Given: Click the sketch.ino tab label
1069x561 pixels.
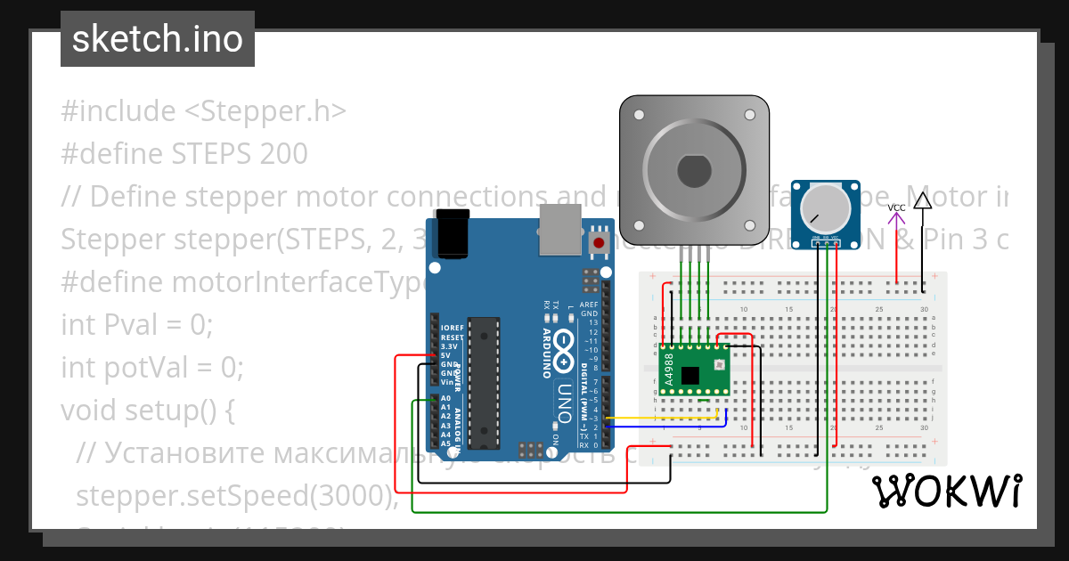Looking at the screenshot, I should (x=157, y=39).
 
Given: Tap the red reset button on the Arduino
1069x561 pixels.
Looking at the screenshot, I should (x=599, y=242).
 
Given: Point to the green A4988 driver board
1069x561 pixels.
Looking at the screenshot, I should (x=694, y=370).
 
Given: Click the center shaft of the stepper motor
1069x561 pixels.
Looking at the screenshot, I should (x=693, y=167).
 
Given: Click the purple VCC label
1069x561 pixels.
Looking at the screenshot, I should (x=896, y=208).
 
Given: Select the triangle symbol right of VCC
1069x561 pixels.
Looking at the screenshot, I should (x=923, y=200).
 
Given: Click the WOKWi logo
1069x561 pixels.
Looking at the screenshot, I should (x=946, y=491).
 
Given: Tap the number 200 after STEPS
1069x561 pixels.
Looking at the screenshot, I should (x=284, y=154).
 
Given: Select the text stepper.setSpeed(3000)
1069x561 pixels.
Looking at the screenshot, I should (x=235, y=494).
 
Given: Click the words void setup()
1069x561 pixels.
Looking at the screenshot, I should (x=147, y=410).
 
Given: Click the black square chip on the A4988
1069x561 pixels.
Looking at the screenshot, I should (x=690, y=375).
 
